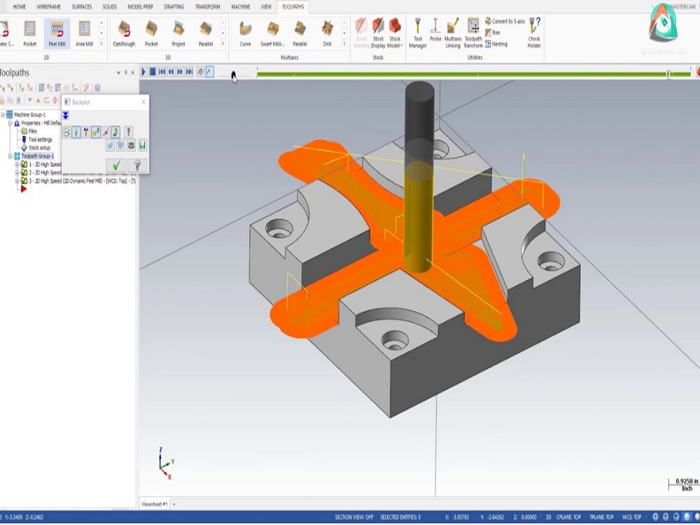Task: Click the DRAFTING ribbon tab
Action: (x=174, y=6)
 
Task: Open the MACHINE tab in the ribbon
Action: (x=240, y=6)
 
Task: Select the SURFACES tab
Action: (x=82, y=6)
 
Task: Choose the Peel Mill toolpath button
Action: (x=57, y=33)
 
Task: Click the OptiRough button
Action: (x=124, y=33)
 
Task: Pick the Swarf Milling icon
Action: (x=272, y=33)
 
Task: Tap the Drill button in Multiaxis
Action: (x=327, y=33)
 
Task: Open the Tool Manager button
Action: (x=418, y=33)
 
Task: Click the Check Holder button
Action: (x=534, y=33)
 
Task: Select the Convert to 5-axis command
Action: (x=505, y=22)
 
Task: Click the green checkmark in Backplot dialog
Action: (x=116, y=165)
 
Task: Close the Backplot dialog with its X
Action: (x=143, y=102)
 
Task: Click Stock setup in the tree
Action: (x=38, y=148)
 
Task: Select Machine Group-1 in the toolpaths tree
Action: (x=29, y=115)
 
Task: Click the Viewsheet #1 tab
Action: (x=155, y=504)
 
